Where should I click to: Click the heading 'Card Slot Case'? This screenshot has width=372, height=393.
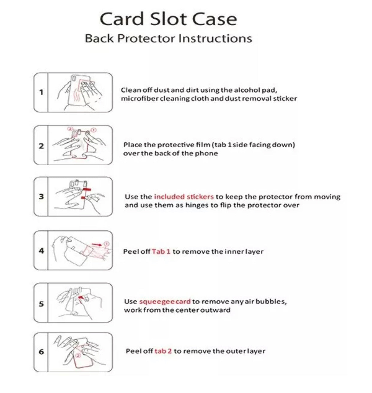pyautogui.click(x=168, y=19)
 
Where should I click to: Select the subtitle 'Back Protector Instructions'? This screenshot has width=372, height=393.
pyautogui.click(x=168, y=39)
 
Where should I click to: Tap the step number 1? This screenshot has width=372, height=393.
pyautogui.click(x=41, y=92)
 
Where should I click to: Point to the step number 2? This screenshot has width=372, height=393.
pyautogui.click(x=41, y=146)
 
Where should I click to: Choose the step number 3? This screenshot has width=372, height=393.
pyautogui.click(x=41, y=197)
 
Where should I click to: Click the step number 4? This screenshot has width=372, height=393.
pyautogui.click(x=41, y=250)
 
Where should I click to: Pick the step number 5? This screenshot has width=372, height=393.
pyautogui.click(x=41, y=304)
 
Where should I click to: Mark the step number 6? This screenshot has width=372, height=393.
pyautogui.click(x=41, y=351)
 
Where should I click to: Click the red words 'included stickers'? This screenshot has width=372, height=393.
pyautogui.click(x=184, y=197)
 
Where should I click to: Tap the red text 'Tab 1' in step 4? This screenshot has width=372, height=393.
pyautogui.click(x=161, y=251)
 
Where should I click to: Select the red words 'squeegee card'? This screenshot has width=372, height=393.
pyautogui.click(x=165, y=302)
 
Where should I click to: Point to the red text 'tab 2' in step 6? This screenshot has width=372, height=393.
pyautogui.click(x=163, y=351)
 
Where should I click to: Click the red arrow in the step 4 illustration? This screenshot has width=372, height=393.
pyautogui.click(x=96, y=245)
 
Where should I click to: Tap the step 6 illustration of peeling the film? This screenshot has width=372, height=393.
pyautogui.click(x=80, y=352)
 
